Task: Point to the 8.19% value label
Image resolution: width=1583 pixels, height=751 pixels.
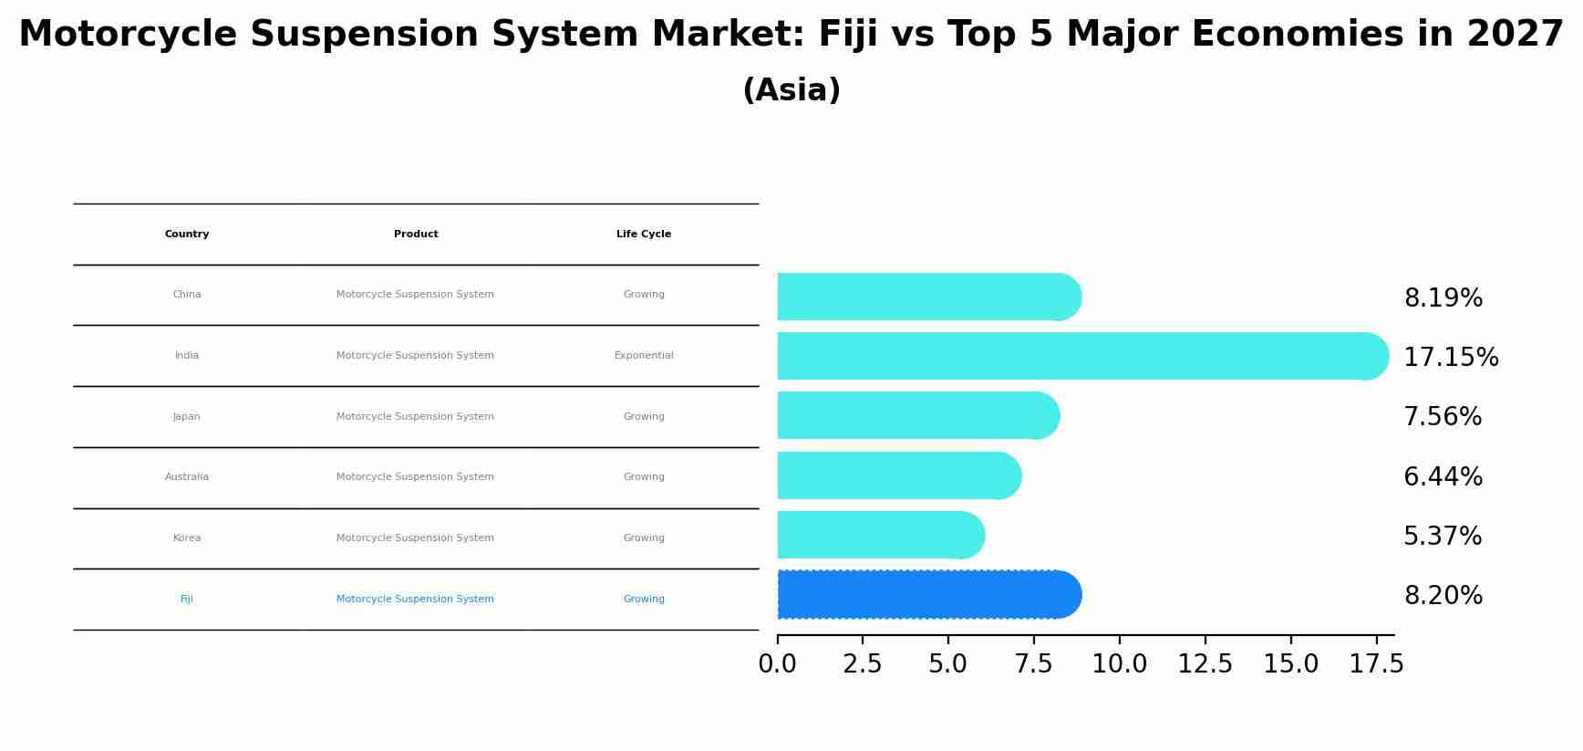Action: [1443, 298]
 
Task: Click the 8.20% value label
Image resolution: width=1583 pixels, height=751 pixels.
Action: [1443, 596]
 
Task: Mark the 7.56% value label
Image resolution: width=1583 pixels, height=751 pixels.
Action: [1443, 417]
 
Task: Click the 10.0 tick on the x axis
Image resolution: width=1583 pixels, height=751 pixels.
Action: [1119, 664]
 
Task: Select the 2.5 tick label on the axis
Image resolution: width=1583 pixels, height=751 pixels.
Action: [862, 664]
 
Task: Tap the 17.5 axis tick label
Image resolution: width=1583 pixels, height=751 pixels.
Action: [1376, 664]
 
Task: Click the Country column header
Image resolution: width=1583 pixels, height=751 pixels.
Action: [187, 235]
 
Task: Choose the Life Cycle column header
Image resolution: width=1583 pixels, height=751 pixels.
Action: [644, 235]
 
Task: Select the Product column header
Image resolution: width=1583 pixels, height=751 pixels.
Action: [416, 235]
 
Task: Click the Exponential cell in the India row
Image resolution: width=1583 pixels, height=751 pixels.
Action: [644, 356]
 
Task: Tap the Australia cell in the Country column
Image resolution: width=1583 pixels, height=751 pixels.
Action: [187, 477]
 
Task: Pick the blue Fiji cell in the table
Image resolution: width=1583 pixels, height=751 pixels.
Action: [187, 600]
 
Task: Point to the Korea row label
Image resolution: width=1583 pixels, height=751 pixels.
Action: [187, 538]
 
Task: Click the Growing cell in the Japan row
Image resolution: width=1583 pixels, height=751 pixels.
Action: [644, 417]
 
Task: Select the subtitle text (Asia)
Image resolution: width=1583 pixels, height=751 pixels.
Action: [791, 90]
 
